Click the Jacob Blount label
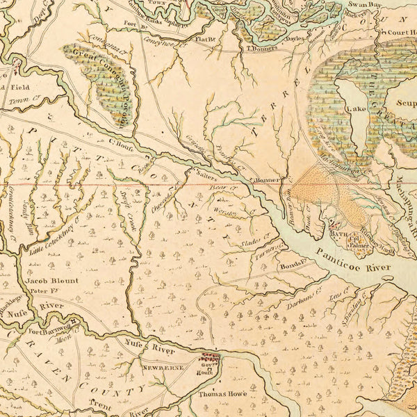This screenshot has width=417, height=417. tap(53, 281)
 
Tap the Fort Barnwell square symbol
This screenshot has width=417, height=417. tap(72, 321)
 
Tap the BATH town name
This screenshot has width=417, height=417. tap(338, 235)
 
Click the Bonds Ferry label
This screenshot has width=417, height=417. tap(293, 266)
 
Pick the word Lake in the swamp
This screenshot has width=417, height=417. tap(357, 109)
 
